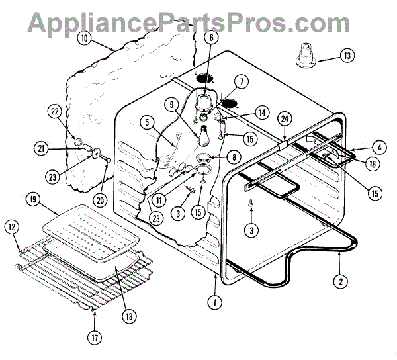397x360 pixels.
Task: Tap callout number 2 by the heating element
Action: click(340, 280)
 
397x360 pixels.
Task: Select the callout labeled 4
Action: click(378, 146)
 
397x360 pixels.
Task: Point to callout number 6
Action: click(210, 38)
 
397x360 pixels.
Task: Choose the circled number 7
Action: click(242, 83)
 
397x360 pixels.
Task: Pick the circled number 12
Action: click(11, 226)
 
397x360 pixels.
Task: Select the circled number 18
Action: click(129, 316)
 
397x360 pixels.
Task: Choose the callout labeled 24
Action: click(285, 119)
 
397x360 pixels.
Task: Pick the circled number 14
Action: click(263, 112)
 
